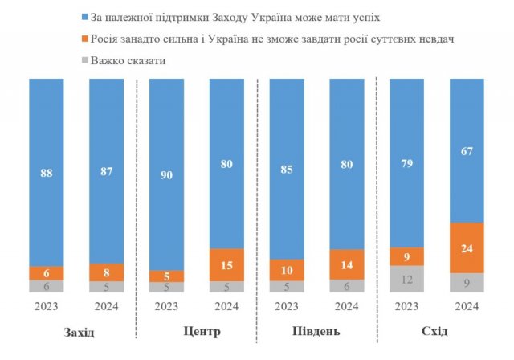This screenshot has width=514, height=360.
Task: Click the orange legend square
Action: coord(84,39)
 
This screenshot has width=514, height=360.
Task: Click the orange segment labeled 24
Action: coord(467,247)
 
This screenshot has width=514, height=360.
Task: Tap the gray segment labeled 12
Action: coord(406,279)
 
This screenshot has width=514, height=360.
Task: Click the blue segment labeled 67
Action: coord(467,150)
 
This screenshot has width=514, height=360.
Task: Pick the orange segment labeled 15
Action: coord(226,265)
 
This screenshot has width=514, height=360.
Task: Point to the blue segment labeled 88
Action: coord(47,172)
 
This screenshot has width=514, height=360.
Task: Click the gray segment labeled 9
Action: coord(467,283)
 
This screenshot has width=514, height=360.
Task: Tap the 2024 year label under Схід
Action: coord(467,306)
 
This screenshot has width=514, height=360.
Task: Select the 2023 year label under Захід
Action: coord(47,306)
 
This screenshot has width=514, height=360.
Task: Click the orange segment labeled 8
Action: coord(107,272)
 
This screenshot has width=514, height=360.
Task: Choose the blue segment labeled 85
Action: coord(287,170)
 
